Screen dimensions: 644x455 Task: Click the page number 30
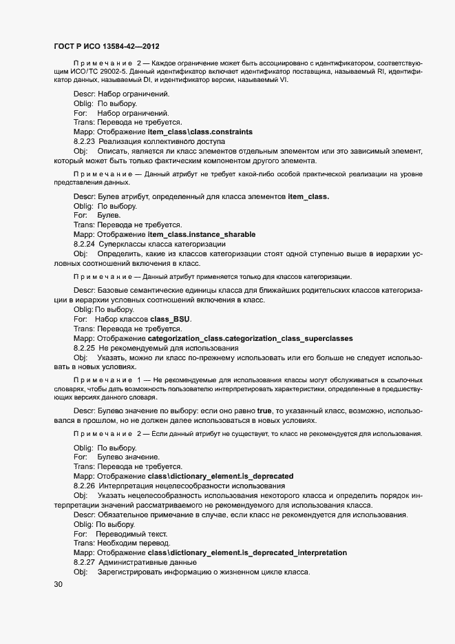[x=58, y=585]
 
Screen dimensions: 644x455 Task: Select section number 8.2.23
[x=84, y=141]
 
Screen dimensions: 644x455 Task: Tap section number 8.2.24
[x=84, y=244]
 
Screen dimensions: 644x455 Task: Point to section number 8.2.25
[x=84, y=349]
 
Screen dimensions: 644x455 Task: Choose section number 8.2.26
[x=84, y=486]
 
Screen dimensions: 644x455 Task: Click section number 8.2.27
[x=84, y=563]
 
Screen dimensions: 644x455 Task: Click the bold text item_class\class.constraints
[x=200, y=132]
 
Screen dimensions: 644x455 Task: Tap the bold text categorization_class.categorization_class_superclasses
[x=251, y=339]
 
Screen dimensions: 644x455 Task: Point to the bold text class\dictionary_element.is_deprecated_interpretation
[x=247, y=553]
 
